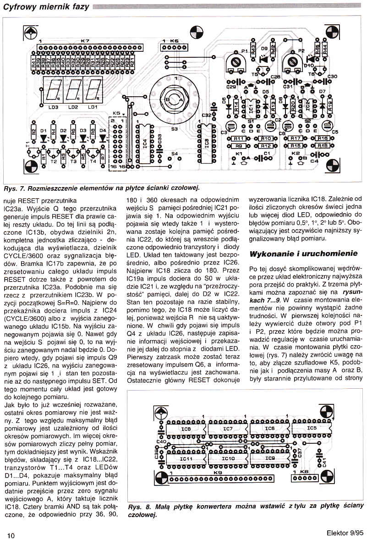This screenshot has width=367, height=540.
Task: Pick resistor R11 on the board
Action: [x=238, y=138]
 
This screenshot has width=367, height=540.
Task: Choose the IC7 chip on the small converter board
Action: [x=228, y=429]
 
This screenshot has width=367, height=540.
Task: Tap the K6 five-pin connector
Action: [x=174, y=48]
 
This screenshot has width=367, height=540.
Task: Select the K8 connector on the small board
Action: [x=304, y=479]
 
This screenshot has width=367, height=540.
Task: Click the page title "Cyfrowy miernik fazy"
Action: [x=46, y=6]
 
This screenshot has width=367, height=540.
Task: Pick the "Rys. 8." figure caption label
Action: [x=139, y=506]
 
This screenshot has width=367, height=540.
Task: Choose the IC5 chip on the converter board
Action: [x=312, y=429]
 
